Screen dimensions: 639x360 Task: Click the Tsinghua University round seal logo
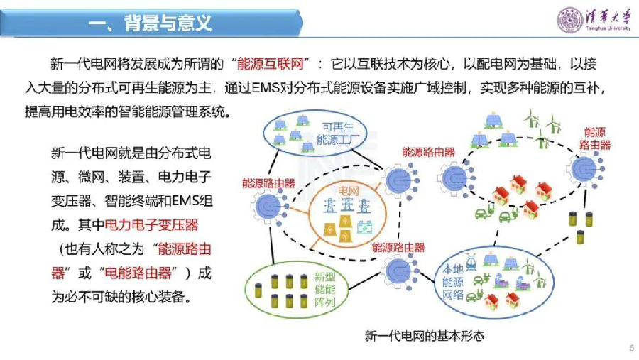click(569, 20)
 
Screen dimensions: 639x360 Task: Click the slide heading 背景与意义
click(168, 23)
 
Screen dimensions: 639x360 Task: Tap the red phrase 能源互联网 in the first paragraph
click(271, 64)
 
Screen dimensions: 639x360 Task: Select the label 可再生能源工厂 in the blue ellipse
click(338, 133)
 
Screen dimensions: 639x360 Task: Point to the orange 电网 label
click(348, 191)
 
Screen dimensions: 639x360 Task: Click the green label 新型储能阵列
click(324, 290)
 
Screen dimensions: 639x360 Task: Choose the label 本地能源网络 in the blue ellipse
click(453, 281)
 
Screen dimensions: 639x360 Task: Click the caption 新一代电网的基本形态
click(425, 336)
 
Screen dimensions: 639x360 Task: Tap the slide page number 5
click(632, 348)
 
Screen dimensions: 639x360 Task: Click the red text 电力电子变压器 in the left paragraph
click(151, 224)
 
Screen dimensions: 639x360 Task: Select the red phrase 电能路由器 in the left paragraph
click(138, 273)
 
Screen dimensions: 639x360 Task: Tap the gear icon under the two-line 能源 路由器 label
click(585, 168)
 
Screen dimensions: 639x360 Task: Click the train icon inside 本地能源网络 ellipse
click(471, 262)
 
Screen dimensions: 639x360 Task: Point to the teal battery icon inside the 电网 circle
click(364, 227)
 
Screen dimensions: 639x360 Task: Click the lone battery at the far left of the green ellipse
click(258, 290)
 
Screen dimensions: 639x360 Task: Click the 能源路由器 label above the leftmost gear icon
click(268, 183)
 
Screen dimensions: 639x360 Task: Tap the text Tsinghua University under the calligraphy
click(608, 28)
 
